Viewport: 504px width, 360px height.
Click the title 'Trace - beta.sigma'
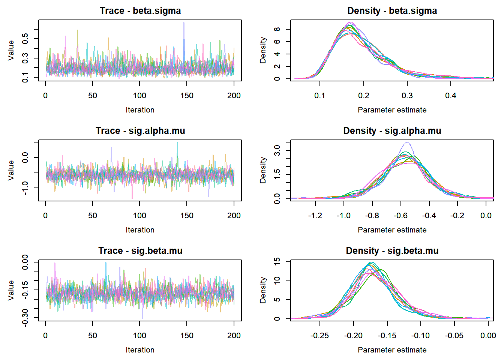tap(140, 11)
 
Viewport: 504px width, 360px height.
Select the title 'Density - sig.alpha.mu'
tap(392, 131)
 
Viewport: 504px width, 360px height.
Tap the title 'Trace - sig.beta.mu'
tap(140, 251)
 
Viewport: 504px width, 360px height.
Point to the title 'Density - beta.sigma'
tap(392, 11)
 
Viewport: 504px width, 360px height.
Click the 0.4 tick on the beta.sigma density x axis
tap(451, 96)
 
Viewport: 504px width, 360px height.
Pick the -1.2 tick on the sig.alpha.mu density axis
tap(315, 216)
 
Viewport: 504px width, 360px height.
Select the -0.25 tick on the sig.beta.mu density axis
tap(319, 336)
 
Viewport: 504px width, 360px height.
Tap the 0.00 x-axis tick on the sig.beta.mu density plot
tap(488, 336)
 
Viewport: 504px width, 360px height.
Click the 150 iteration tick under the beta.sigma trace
tap(187, 96)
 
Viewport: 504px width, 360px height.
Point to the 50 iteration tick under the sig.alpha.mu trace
tap(93, 216)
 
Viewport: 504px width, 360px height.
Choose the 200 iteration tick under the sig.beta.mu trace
tap(234, 336)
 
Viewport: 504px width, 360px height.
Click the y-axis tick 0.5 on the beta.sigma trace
tap(25, 38)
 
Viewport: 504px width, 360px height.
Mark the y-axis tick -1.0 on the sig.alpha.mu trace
tap(25, 187)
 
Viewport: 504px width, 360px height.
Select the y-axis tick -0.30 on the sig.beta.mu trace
tap(25, 318)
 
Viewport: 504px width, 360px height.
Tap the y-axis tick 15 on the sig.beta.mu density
tap(277, 261)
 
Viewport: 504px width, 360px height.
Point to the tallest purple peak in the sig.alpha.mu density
tap(407, 142)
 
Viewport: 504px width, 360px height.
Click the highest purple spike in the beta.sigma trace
tap(184, 23)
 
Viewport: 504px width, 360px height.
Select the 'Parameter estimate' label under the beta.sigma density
tap(392, 110)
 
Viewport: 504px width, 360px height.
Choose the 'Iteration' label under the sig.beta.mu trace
tap(140, 350)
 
